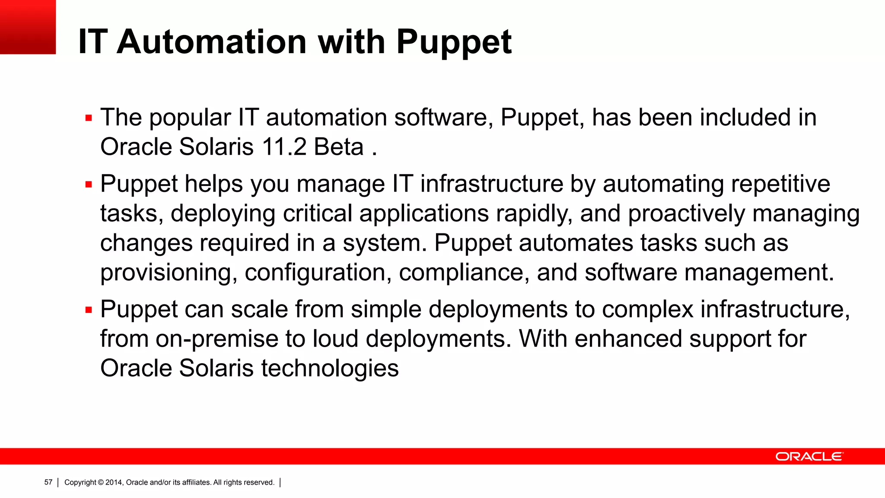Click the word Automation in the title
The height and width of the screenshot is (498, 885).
[x=212, y=42]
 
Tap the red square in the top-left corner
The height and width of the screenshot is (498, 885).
[x=28, y=27]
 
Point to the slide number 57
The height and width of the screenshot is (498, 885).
[x=48, y=482]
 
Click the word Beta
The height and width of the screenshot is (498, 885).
[x=339, y=147]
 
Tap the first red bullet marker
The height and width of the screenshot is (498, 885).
[x=89, y=118]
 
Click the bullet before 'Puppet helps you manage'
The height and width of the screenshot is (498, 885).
[x=89, y=185]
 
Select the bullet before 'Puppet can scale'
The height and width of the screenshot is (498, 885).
[x=89, y=310]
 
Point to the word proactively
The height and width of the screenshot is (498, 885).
[x=686, y=214]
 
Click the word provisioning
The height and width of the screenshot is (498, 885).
[x=169, y=273]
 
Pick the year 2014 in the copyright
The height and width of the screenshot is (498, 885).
[x=114, y=482]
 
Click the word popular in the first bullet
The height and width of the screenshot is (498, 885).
[x=190, y=118]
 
